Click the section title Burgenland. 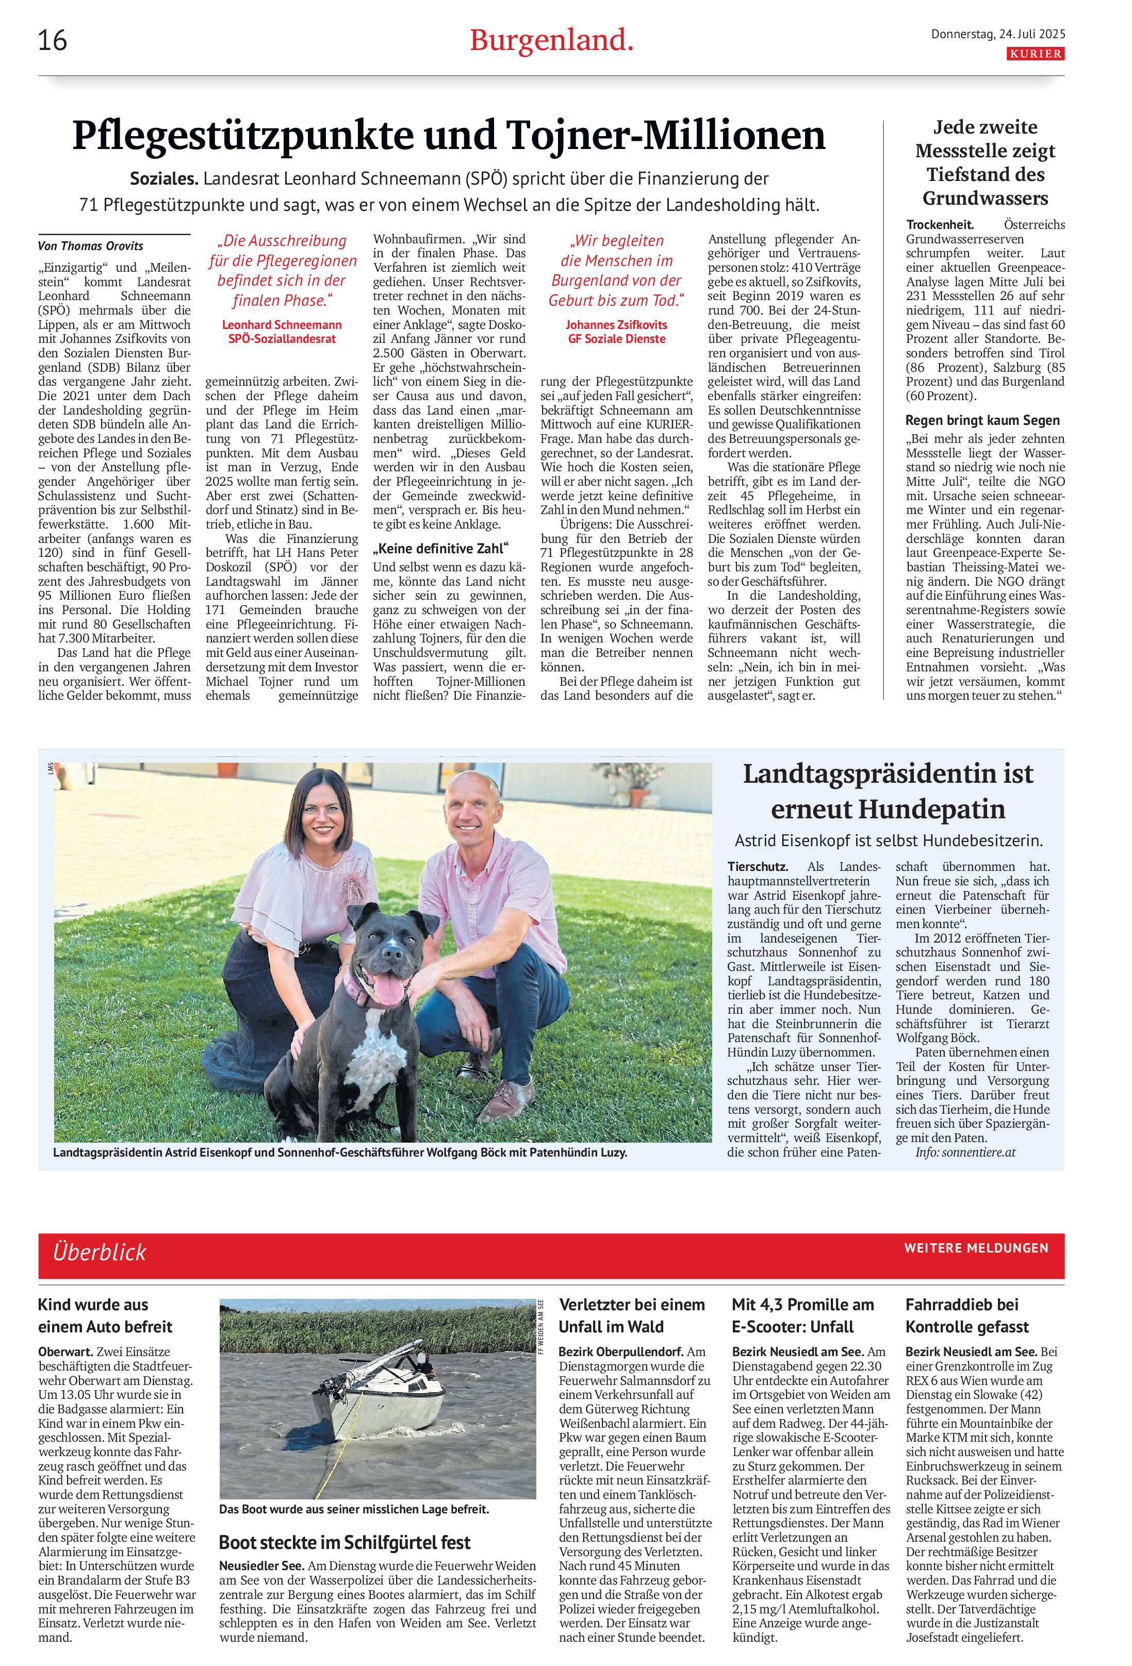click(x=551, y=41)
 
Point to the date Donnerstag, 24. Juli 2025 click(x=997, y=34)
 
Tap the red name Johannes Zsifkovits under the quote click(x=616, y=325)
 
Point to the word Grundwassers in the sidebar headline click(x=985, y=198)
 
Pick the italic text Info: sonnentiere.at click(x=964, y=1151)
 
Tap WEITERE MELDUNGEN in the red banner click(x=976, y=1248)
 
